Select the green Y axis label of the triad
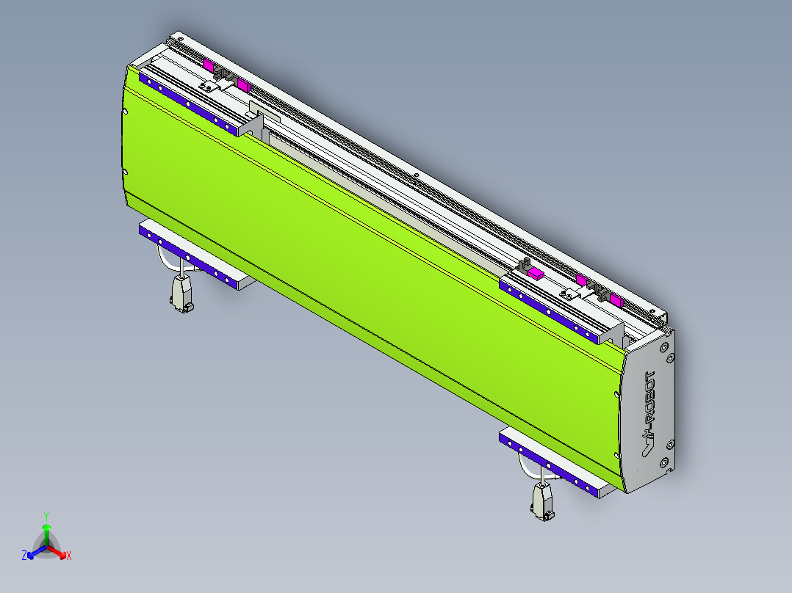pos(46,515)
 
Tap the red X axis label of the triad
pos(69,556)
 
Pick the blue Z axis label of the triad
pos(24,556)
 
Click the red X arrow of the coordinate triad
pos(59,552)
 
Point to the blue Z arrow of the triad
pos(35,552)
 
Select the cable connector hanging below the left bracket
pos(181,295)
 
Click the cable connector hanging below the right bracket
pos(542,503)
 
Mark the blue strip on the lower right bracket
pos(547,462)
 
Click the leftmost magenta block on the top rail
pos(209,66)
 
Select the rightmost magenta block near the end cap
pos(615,300)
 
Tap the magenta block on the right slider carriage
pos(535,273)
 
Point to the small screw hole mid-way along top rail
pos(416,175)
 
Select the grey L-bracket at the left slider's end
pos(251,125)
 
